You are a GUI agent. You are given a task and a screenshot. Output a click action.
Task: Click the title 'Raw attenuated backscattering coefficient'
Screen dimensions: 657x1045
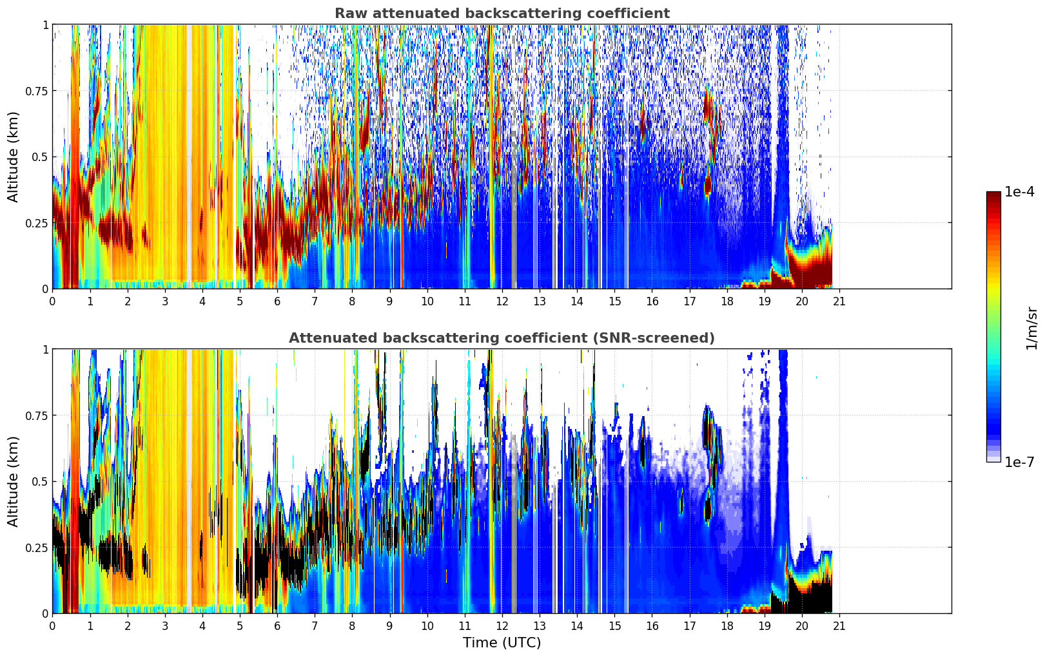point(502,14)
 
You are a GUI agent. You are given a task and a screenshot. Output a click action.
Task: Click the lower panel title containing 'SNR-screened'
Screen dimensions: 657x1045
point(502,338)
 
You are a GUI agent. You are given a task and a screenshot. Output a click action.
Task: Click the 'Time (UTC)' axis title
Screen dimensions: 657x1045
point(502,643)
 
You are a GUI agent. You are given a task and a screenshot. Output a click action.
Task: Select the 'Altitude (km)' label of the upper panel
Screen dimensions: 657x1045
point(14,157)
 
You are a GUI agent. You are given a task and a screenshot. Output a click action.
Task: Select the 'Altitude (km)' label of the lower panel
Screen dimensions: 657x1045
point(14,481)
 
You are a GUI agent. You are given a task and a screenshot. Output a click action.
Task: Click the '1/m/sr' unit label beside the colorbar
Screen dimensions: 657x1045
point(1031,328)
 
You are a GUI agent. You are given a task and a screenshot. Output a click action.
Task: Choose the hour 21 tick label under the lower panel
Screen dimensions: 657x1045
point(839,625)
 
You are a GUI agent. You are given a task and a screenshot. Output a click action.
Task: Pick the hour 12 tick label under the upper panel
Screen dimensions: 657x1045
point(502,301)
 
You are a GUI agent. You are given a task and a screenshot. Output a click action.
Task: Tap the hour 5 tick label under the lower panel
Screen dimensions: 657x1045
point(240,625)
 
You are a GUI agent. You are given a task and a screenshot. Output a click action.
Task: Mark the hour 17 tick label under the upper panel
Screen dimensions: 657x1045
point(690,301)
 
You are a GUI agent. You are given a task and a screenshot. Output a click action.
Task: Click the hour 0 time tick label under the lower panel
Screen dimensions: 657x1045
point(52,625)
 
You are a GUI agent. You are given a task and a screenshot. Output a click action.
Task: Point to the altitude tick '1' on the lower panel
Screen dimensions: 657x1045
point(45,349)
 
